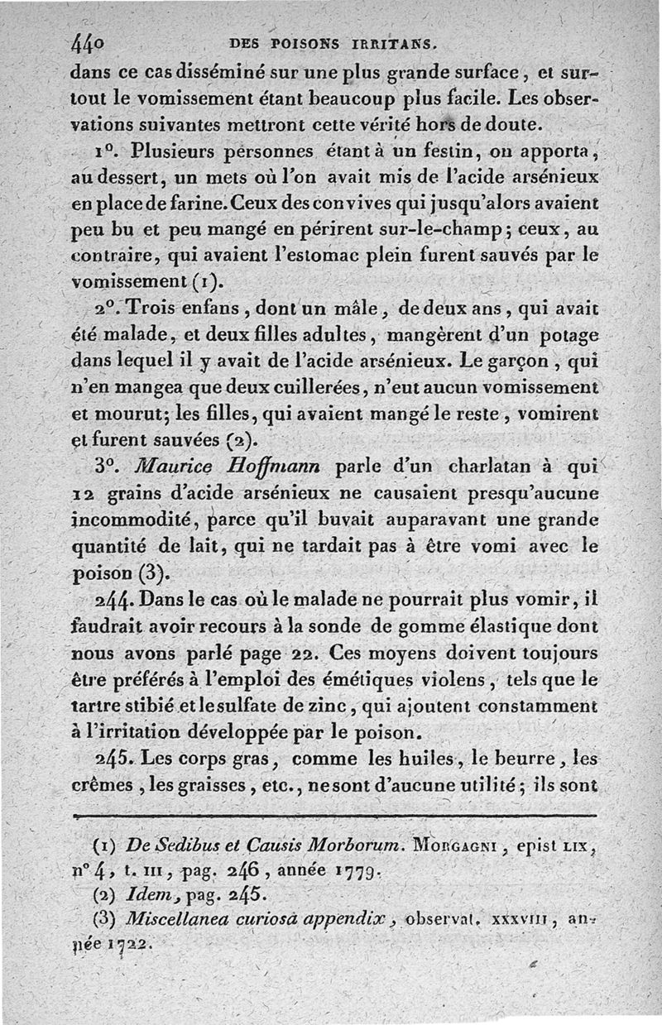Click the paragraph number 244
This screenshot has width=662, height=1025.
[117, 598]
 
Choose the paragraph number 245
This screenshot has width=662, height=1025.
[117, 757]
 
